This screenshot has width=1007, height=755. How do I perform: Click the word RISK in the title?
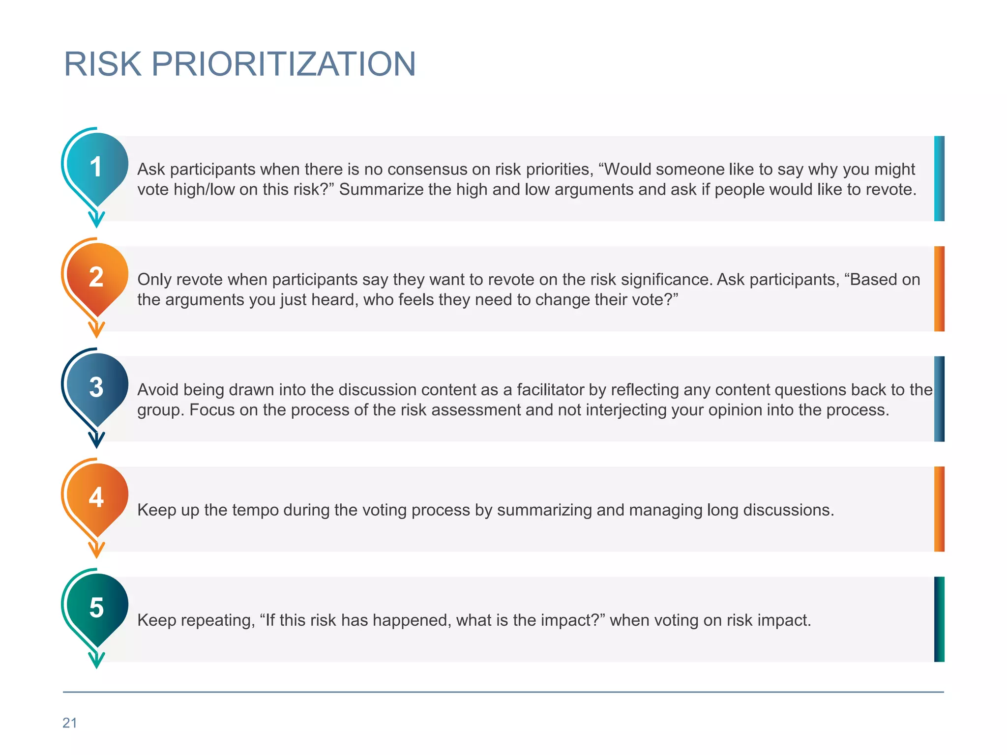[x=103, y=64]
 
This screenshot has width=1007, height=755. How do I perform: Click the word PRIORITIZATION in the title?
[x=283, y=64]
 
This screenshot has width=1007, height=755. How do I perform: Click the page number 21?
[x=70, y=723]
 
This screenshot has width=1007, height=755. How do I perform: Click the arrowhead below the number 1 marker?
[x=97, y=220]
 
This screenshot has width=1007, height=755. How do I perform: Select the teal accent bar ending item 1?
[x=939, y=178]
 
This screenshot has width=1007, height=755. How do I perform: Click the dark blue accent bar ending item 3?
[x=939, y=399]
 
